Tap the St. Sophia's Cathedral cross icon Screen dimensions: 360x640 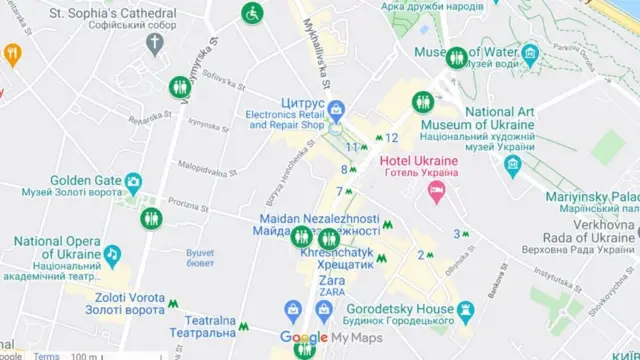pyautogui.click(x=155, y=43)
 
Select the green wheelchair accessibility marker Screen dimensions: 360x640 pyautogui.click(x=252, y=14)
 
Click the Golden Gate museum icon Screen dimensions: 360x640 pyautogui.click(x=133, y=183)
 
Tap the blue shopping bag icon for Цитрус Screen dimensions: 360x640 pyautogui.click(x=337, y=107)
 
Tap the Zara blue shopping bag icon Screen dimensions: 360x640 pyautogui.click(x=294, y=310)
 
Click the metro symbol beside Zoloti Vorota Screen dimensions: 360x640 pyautogui.click(x=174, y=305)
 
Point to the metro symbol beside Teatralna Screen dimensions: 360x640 pyautogui.click(x=244, y=327)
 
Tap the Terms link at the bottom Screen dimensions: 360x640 pyautogui.click(x=46, y=355)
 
